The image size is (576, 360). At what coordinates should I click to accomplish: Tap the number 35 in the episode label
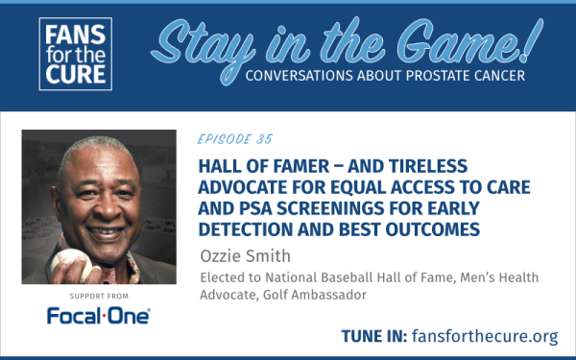[x=263, y=138]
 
